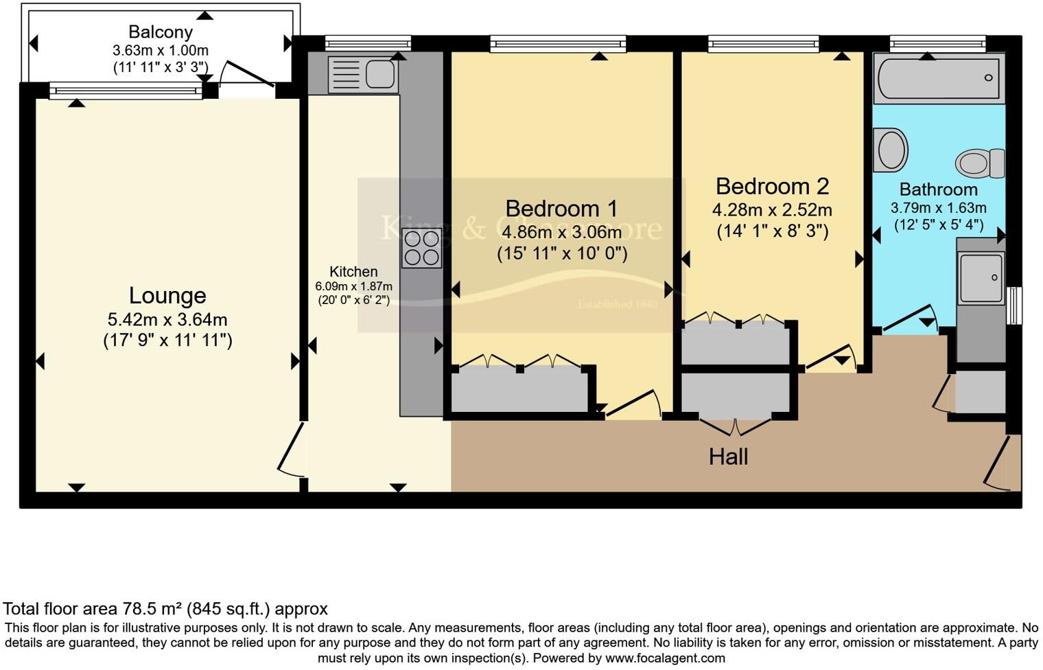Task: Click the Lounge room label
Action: click(167, 296)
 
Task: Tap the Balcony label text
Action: click(161, 32)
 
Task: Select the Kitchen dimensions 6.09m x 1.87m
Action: click(353, 286)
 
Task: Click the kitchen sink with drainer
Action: click(362, 73)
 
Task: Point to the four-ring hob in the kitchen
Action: click(421, 248)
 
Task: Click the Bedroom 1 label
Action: click(561, 209)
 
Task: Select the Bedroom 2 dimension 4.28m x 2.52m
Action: click(772, 209)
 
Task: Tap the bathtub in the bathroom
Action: click(939, 78)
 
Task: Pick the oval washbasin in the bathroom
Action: click(890, 150)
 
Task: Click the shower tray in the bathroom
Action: click(981, 277)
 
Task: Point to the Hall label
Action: click(728, 457)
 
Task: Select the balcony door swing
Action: click(247, 76)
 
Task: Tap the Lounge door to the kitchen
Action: click(290, 450)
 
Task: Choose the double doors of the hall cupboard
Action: click(734, 426)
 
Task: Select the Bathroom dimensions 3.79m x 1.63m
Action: click(938, 208)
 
